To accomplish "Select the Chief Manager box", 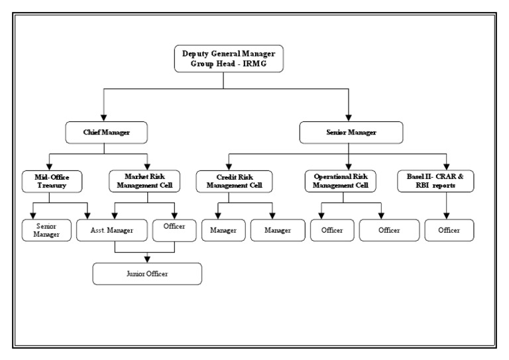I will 107,133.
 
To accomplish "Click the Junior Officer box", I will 146,273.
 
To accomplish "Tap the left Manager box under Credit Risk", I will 219,229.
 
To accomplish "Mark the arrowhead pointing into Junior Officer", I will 147,259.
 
